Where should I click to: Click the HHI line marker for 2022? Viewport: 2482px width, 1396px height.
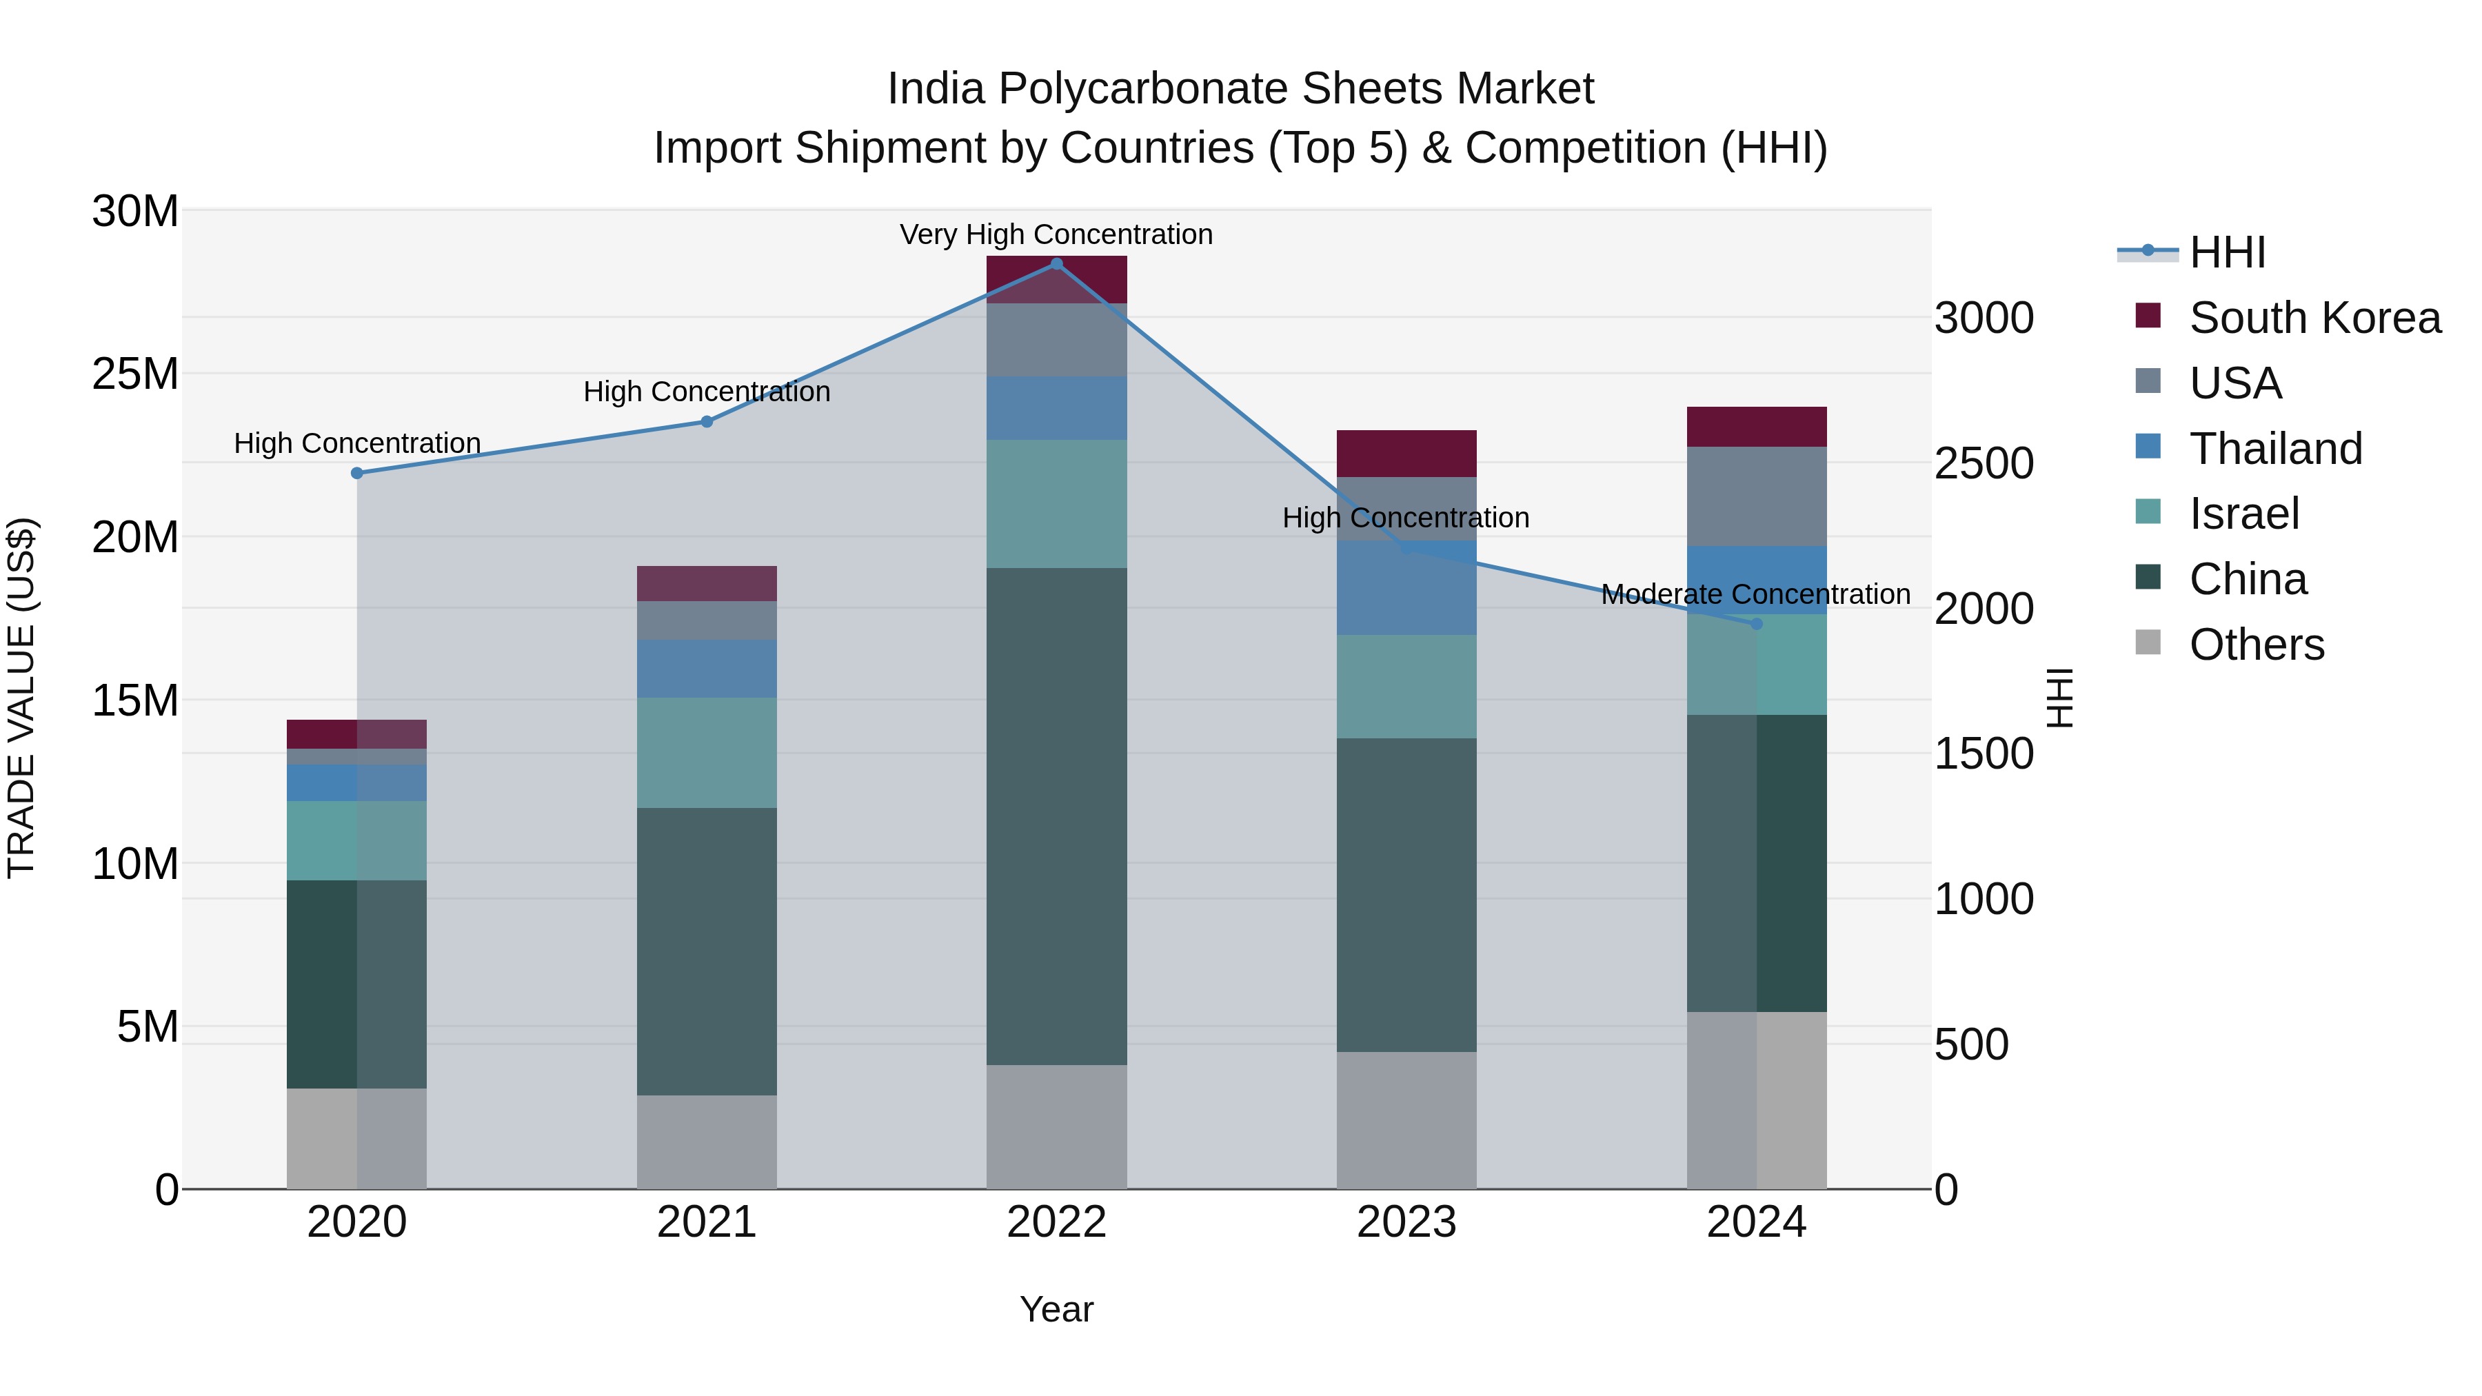click(x=1056, y=264)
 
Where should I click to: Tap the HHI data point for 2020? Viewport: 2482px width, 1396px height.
click(x=356, y=473)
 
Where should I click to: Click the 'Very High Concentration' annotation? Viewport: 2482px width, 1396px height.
click(x=1056, y=234)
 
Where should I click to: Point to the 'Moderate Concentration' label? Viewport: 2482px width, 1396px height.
click(x=1755, y=594)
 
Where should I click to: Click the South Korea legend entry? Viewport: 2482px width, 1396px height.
click(x=2314, y=318)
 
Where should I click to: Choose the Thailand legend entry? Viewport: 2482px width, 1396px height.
click(x=2275, y=449)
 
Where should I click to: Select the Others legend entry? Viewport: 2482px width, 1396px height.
click(x=2256, y=645)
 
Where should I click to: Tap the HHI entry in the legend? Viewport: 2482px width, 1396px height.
click(x=2227, y=252)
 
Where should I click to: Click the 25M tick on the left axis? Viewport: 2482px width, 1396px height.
click(x=136, y=374)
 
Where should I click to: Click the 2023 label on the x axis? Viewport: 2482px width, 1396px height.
click(x=1406, y=1222)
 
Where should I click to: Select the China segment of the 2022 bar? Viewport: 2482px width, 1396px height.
click(x=1056, y=816)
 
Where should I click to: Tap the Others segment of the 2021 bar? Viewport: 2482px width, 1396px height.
click(x=706, y=1142)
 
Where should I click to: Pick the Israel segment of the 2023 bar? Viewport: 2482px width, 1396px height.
click(x=1406, y=687)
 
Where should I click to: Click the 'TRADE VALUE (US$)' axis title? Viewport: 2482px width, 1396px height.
click(x=21, y=698)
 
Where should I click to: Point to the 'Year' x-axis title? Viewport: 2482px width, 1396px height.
click(x=1056, y=1309)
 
